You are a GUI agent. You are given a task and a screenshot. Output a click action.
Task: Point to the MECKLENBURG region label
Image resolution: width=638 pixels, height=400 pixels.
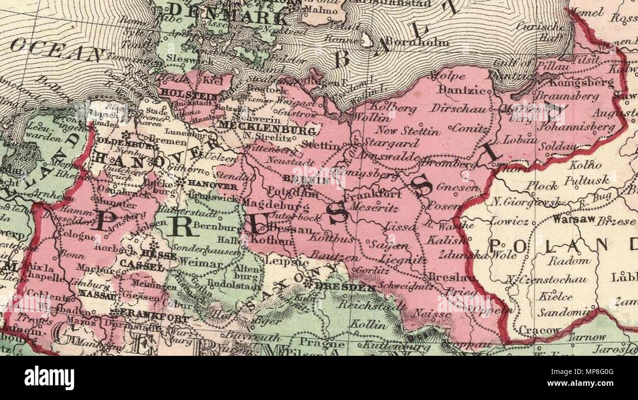[266, 131]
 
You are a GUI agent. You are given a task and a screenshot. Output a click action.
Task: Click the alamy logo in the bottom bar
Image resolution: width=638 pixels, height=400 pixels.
[49, 378]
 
